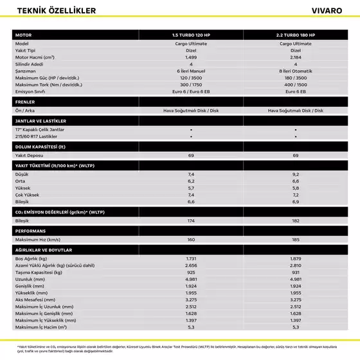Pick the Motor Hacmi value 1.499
point(191,57)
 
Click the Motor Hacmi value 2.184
point(296,57)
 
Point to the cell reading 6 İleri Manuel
point(191,71)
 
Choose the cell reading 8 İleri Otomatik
point(296,71)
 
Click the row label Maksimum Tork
point(48,84)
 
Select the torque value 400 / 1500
point(296,84)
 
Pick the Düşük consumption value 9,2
point(296,174)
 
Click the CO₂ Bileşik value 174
point(191,221)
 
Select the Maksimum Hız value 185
point(296,239)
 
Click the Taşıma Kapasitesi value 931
point(296,272)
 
